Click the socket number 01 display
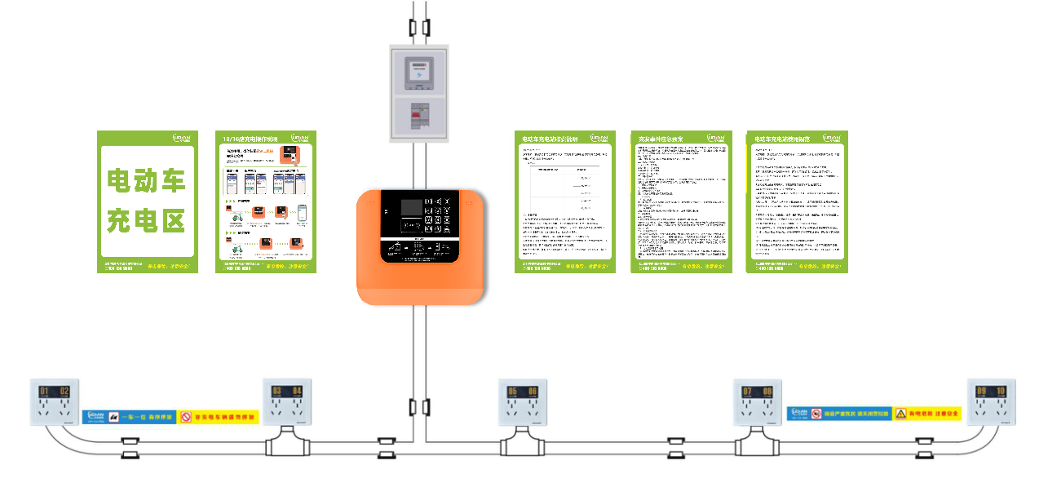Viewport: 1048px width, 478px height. (x=45, y=392)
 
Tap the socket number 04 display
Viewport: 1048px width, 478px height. (x=297, y=392)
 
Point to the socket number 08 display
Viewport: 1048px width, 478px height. (x=767, y=392)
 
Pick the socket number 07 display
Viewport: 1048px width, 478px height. (x=747, y=392)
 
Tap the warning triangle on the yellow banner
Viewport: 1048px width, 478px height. (x=901, y=414)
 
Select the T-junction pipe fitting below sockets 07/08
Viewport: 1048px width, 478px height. (x=756, y=445)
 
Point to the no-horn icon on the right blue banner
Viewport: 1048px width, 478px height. (x=816, y=414)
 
